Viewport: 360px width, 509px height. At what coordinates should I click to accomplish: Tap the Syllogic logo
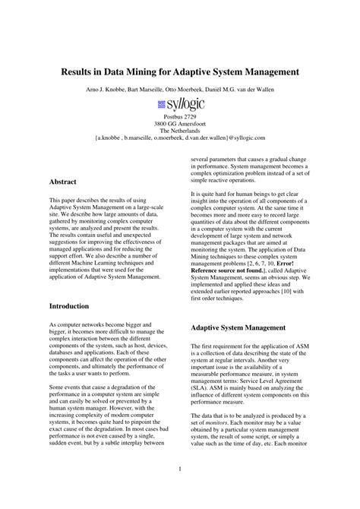click(179, 104)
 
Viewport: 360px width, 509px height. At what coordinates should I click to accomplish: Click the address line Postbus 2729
click(179, 116)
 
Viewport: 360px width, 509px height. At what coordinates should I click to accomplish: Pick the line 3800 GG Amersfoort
click(179, 123)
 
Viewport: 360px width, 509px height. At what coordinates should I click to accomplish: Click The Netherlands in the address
click(179, 131)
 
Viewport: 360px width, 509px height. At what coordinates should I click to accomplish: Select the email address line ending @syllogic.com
click(180, 138)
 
